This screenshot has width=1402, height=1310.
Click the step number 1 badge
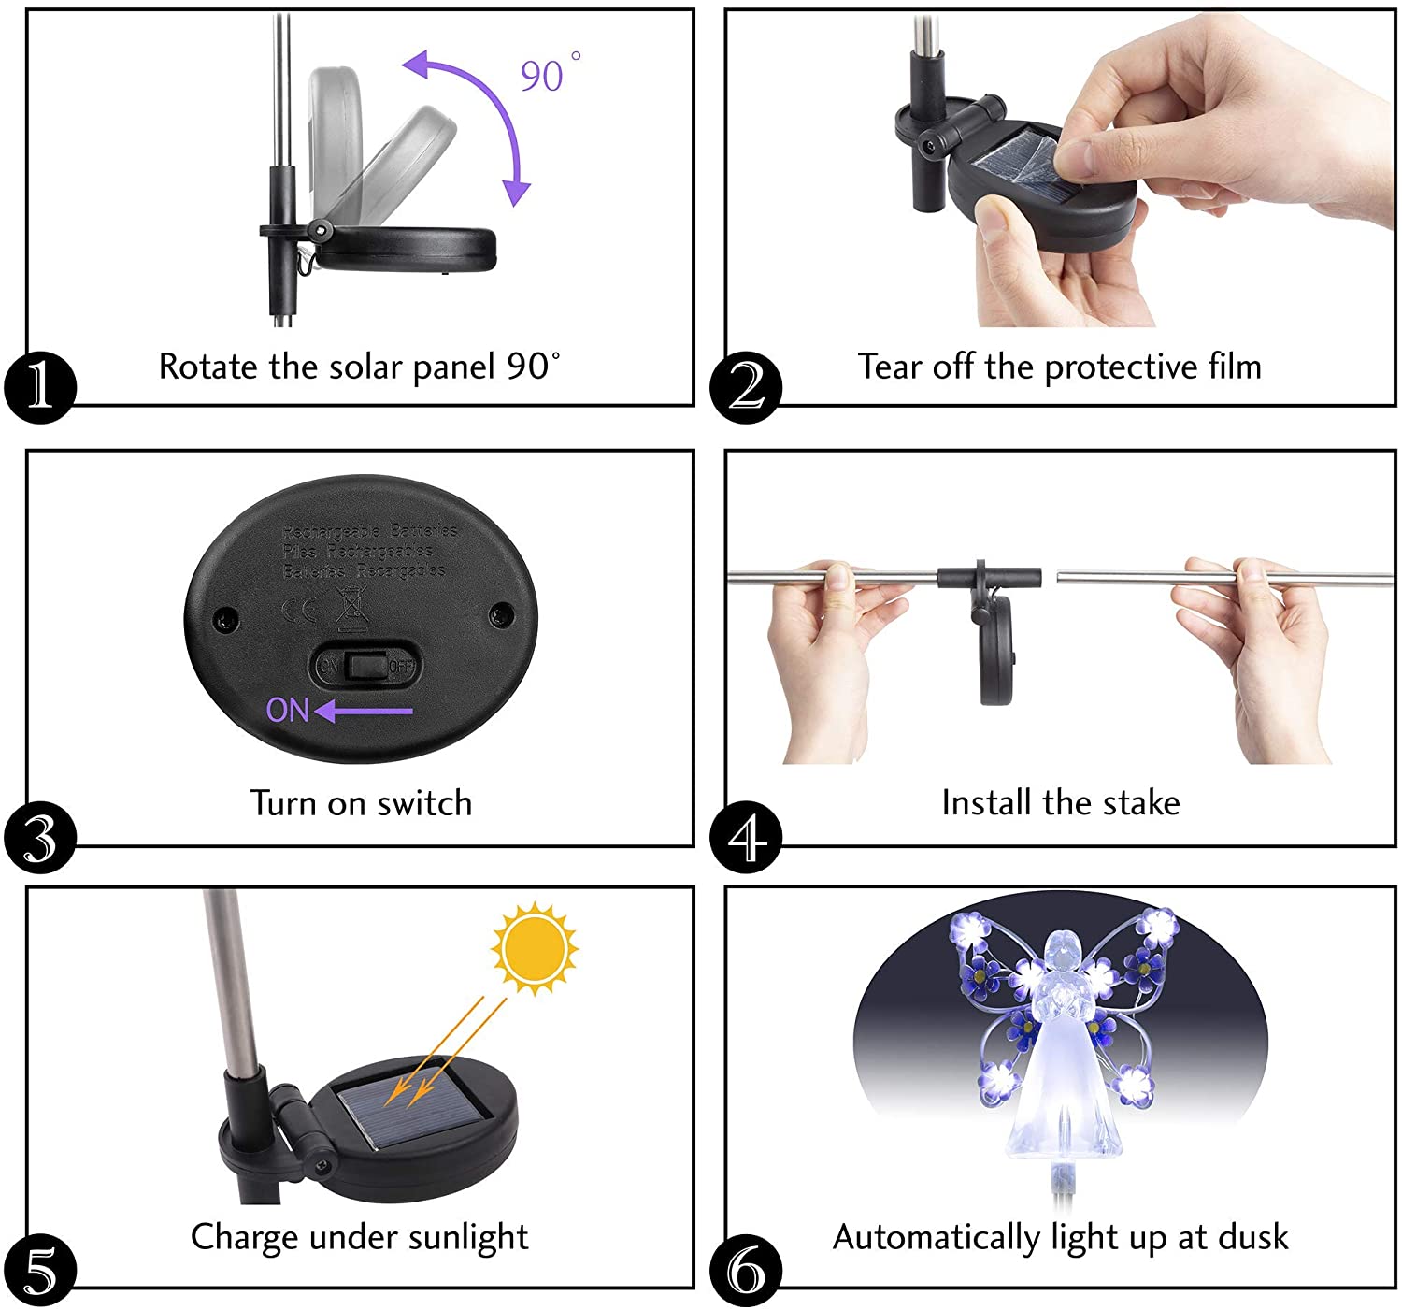pyautogui.click(x=39, y=387)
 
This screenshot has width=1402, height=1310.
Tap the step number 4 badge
pyautogui.click(x=745, y=837)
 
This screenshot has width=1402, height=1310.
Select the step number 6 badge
pyautogui.click(x=745, y=1271)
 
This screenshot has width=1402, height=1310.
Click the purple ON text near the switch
pyautogui.click(x=287, y=711)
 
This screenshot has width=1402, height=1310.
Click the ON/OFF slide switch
pyautogui.click(x=365, y=667)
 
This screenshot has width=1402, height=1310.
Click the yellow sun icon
pyautogui.click(x=534, y=948)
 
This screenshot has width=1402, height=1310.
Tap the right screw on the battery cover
pyautogui.click(x=502, y=614)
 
